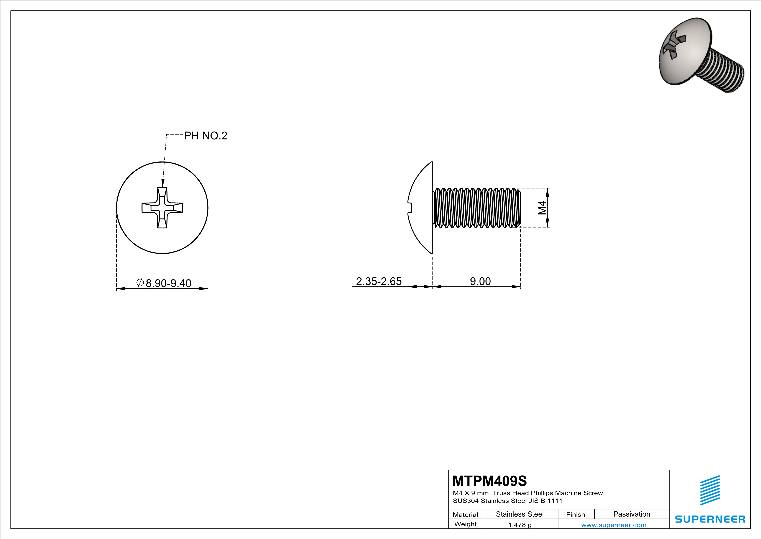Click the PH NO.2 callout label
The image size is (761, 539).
click(x=205, y=136)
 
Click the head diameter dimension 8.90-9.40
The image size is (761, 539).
click(x=168, y=283)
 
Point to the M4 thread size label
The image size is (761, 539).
click(x=542, y=208)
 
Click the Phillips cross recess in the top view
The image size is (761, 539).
click(x=162, y=208)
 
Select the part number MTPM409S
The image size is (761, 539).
click(x=490, y=481)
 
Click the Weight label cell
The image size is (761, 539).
click(x=465, y=524)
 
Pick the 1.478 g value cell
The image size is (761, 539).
click(x=520, y=525)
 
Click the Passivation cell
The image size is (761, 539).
click(x=631, y=514)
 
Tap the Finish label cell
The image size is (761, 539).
click(x=575, y=514)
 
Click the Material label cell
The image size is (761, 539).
click(x=465, y=514)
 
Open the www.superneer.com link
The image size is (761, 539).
click(x=613, y=525)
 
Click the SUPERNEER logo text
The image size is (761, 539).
click(x=710, y=519)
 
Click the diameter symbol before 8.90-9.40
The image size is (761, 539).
click(x=140, y=283)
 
